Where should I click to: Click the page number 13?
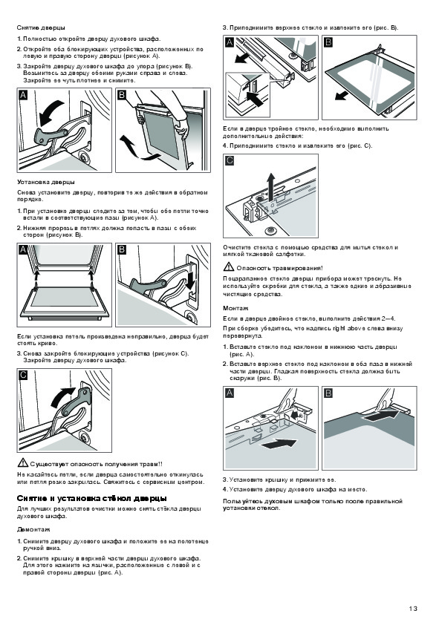click(x=413, y=608)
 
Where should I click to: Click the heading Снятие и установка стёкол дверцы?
click(x=92, y=498)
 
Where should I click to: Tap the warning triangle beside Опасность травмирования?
click(x=229, y=267)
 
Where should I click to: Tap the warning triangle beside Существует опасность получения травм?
click(x=23, y=463)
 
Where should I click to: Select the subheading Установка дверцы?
click(x=46, y=182)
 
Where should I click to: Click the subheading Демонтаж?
click(x=33, y=529)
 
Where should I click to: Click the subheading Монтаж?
click(x=235, y=308)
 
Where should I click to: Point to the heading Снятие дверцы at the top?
click(x=41, y=27)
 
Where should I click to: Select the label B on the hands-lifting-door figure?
click(x=122, y=95)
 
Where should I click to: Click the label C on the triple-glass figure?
click(x=230, y=160)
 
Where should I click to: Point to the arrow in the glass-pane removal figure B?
click(x=341, y=96)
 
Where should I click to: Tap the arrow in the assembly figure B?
click(x=381, y=416)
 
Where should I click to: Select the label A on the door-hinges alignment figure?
click(x=24, y=249)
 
